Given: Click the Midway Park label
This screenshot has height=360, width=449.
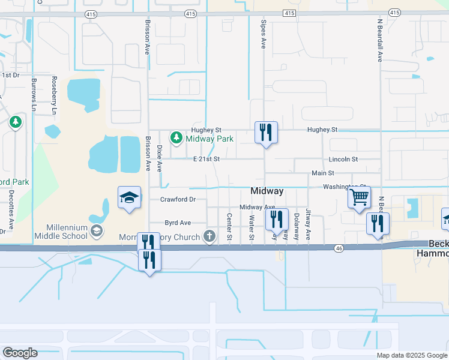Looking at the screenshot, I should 209,139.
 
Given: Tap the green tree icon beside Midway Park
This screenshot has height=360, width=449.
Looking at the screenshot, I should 176,138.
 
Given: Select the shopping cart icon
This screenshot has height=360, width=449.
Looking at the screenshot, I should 359,196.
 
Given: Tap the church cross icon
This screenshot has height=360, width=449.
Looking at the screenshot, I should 209,236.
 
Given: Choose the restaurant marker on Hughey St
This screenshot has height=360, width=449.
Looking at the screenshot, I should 266,132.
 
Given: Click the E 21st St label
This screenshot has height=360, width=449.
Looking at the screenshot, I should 206,159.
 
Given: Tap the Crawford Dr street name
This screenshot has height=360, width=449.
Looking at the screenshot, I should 178,199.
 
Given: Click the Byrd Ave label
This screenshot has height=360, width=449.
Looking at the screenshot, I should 178,223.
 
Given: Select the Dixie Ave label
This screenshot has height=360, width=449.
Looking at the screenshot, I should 160,158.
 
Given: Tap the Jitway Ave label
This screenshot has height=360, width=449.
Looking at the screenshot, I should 308,224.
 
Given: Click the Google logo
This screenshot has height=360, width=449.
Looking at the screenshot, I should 20,353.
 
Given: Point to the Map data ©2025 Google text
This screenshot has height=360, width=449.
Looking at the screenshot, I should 412,355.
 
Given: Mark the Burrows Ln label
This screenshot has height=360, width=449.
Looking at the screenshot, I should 34,95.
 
